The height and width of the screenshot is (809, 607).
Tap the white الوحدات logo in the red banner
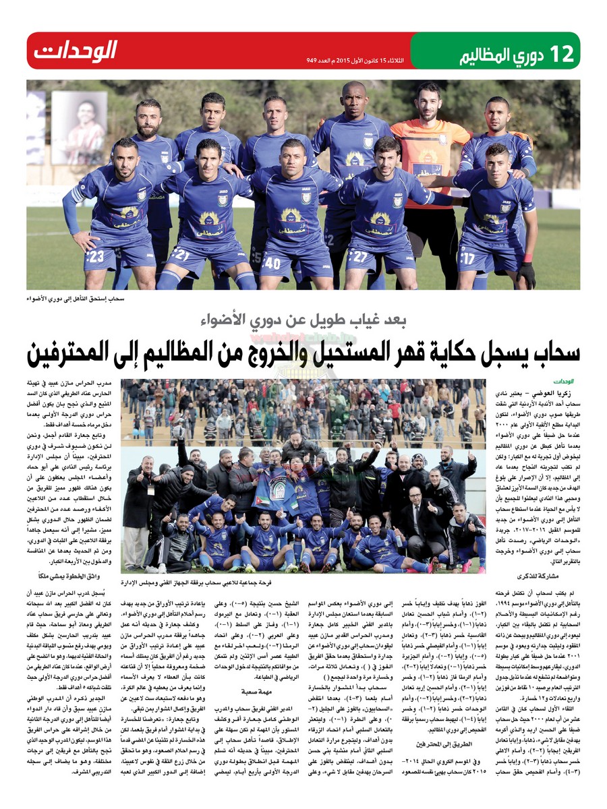(76, 51)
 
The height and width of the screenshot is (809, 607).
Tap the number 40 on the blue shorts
(272, 263)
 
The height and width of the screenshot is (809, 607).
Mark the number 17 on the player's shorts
(468, 258)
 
